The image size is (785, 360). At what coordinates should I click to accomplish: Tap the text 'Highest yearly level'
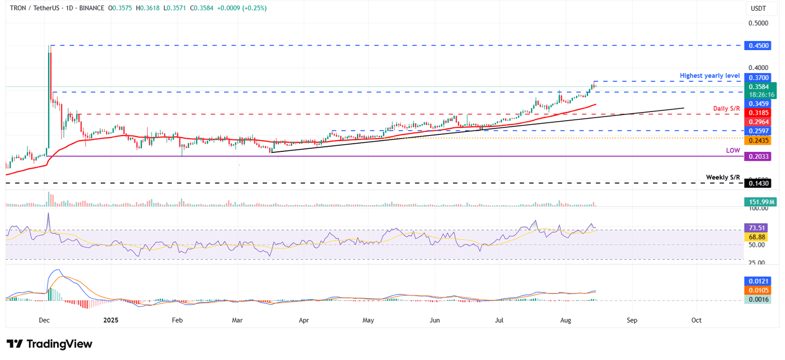(709, 76)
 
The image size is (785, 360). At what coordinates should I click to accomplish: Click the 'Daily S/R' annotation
(726, 108)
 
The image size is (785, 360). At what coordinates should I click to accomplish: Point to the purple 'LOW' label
(732, 151)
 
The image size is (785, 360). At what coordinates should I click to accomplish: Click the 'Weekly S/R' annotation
(723, 177)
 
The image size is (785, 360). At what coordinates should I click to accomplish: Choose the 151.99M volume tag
(759, 202)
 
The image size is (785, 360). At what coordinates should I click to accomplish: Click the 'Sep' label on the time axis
(632, 320)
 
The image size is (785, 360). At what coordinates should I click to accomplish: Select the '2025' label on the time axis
(111, 320)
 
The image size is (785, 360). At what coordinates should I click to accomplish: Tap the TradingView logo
(50, 344)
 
